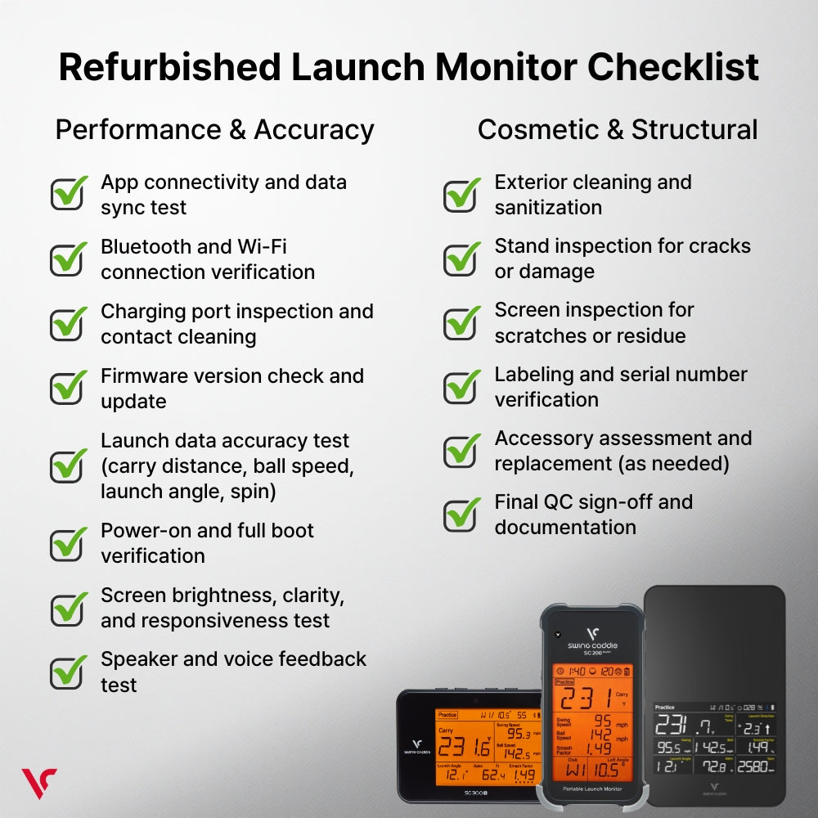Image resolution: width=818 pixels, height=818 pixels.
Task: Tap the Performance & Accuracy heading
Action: click(x=214, y=130)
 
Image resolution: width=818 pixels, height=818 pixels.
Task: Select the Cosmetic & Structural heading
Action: click(x=618, y=130)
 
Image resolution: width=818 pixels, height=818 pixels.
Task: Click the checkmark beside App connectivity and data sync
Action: click(x=69, y=193)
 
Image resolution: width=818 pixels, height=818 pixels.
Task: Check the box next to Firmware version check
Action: click(x=69, y=387)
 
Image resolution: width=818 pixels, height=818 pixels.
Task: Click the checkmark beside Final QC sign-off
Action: click(x=462, y=514)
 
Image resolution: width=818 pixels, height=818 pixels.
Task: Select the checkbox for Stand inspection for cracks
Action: click(x=462, y=258)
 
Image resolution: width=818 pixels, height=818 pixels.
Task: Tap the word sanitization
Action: click(x=548, y=208)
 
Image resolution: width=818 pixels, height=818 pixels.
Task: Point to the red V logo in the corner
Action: click(x=38, y=783)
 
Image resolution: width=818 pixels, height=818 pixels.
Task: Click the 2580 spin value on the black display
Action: click(x=755, y=766)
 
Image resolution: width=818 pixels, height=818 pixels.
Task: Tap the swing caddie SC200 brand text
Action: click(x=593, y=647)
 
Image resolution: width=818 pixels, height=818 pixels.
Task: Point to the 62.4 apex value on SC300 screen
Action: click(x=492, y=774)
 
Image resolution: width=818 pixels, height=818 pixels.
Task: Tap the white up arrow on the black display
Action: click(x=770, y=728)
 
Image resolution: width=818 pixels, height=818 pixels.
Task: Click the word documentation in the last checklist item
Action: click(x=565, y=528)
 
